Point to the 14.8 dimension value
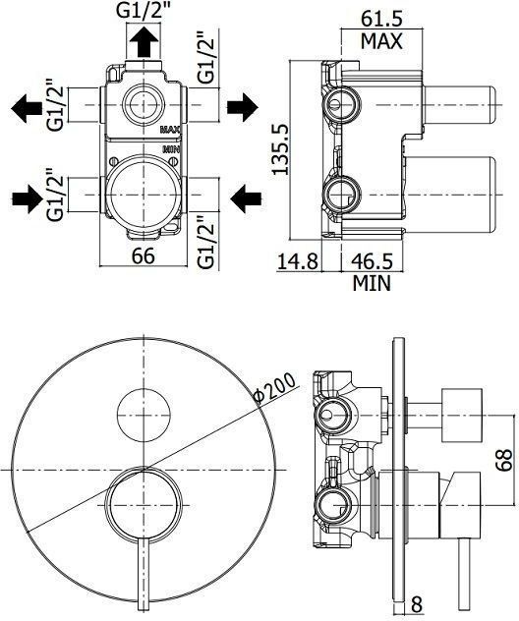(x=299, y=262)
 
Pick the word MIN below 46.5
(x=372, y=284)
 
